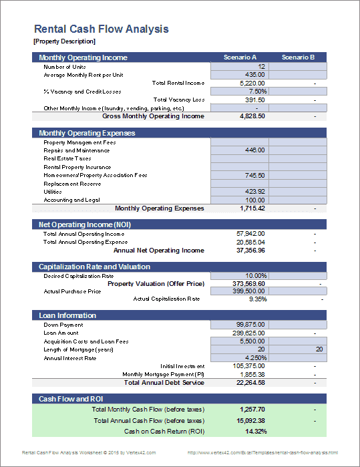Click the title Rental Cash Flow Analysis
101,29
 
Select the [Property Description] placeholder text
61,41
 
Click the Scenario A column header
240,57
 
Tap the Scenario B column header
298,57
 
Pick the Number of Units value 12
261,67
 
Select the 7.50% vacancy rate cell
257,92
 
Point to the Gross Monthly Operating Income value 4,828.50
252,116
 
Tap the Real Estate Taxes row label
67,159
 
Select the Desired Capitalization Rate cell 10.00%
256,275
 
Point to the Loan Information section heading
67,315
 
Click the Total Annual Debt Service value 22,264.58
252,383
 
